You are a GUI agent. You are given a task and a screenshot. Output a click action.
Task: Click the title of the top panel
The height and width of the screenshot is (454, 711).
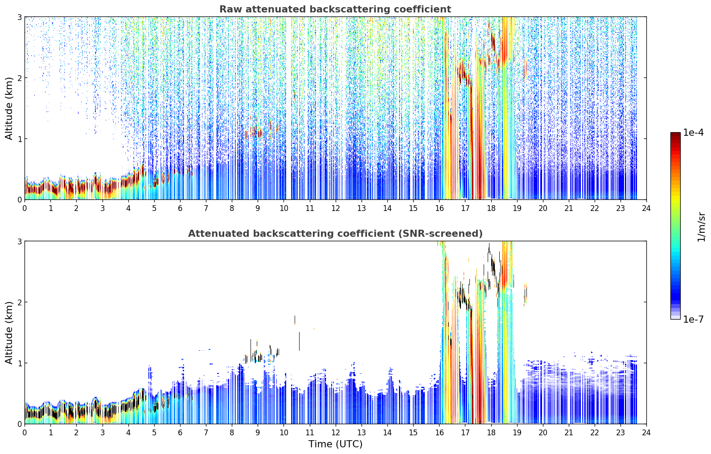(x=335, y=9)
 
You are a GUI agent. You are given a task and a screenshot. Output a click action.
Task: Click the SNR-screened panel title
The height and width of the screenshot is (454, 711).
(x=335, y=234)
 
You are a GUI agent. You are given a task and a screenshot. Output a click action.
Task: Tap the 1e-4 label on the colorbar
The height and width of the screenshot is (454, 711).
(x=693, y=133)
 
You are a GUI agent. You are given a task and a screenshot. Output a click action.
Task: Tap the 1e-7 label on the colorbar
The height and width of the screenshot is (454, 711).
(x=693, y=319)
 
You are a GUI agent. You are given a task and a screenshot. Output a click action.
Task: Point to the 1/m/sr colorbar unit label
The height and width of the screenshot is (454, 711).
(x=701, y=227)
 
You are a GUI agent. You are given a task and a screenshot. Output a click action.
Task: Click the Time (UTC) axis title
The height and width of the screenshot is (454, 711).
(x=335, y=444)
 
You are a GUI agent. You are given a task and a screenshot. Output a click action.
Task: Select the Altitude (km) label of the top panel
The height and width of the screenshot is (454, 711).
(x=9, y=109)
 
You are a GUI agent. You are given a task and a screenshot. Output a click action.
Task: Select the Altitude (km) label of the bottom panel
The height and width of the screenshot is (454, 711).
(x=9, y=333)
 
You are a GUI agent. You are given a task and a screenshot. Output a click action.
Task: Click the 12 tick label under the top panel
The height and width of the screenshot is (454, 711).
(x=336, y=208)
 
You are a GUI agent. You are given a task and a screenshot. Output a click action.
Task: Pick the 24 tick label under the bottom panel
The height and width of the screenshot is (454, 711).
(x=646, y=433)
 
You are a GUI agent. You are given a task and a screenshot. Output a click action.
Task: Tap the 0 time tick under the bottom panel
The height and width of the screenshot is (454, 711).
(x=25, y=433)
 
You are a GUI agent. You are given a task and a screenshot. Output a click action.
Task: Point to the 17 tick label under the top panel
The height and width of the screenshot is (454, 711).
(x=465, y=208)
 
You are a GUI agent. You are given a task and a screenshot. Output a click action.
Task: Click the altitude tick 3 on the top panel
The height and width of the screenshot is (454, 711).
(x=19, y=17)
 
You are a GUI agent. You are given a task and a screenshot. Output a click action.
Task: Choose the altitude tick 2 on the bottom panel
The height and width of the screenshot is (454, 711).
(x=19, y=302)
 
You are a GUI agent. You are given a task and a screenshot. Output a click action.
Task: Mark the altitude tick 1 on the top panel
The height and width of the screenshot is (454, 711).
(x=19, y=139)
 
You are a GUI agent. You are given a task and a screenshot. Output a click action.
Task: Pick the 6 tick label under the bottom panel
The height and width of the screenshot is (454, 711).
(x=180, y=433)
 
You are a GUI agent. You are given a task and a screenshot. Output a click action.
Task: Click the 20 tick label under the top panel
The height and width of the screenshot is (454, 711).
(x=543, y=208)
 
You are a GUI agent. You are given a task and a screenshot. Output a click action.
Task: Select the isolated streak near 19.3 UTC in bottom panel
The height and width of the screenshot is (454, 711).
(x=525, y=294)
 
